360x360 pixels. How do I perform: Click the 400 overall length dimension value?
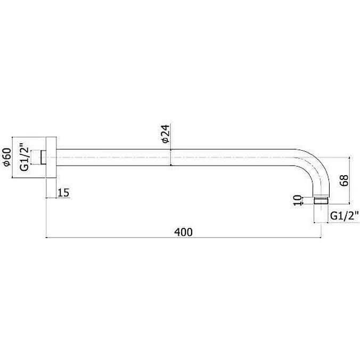(x=183, y=232)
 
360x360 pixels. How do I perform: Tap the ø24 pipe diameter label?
(x=166, y=134)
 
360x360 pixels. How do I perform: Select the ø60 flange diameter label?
(x=6, y=157)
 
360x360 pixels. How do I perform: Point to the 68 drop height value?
(x=344, y=180)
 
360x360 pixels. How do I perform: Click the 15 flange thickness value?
(x=63, y=193)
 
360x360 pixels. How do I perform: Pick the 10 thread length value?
(x=297, y=200)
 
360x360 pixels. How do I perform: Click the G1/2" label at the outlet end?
(x=344, y=216)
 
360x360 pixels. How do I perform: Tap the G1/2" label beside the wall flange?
(x=24, y=157)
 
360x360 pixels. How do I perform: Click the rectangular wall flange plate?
(x=51, y=157)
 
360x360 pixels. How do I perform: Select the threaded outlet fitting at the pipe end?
(x=321, y=200)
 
